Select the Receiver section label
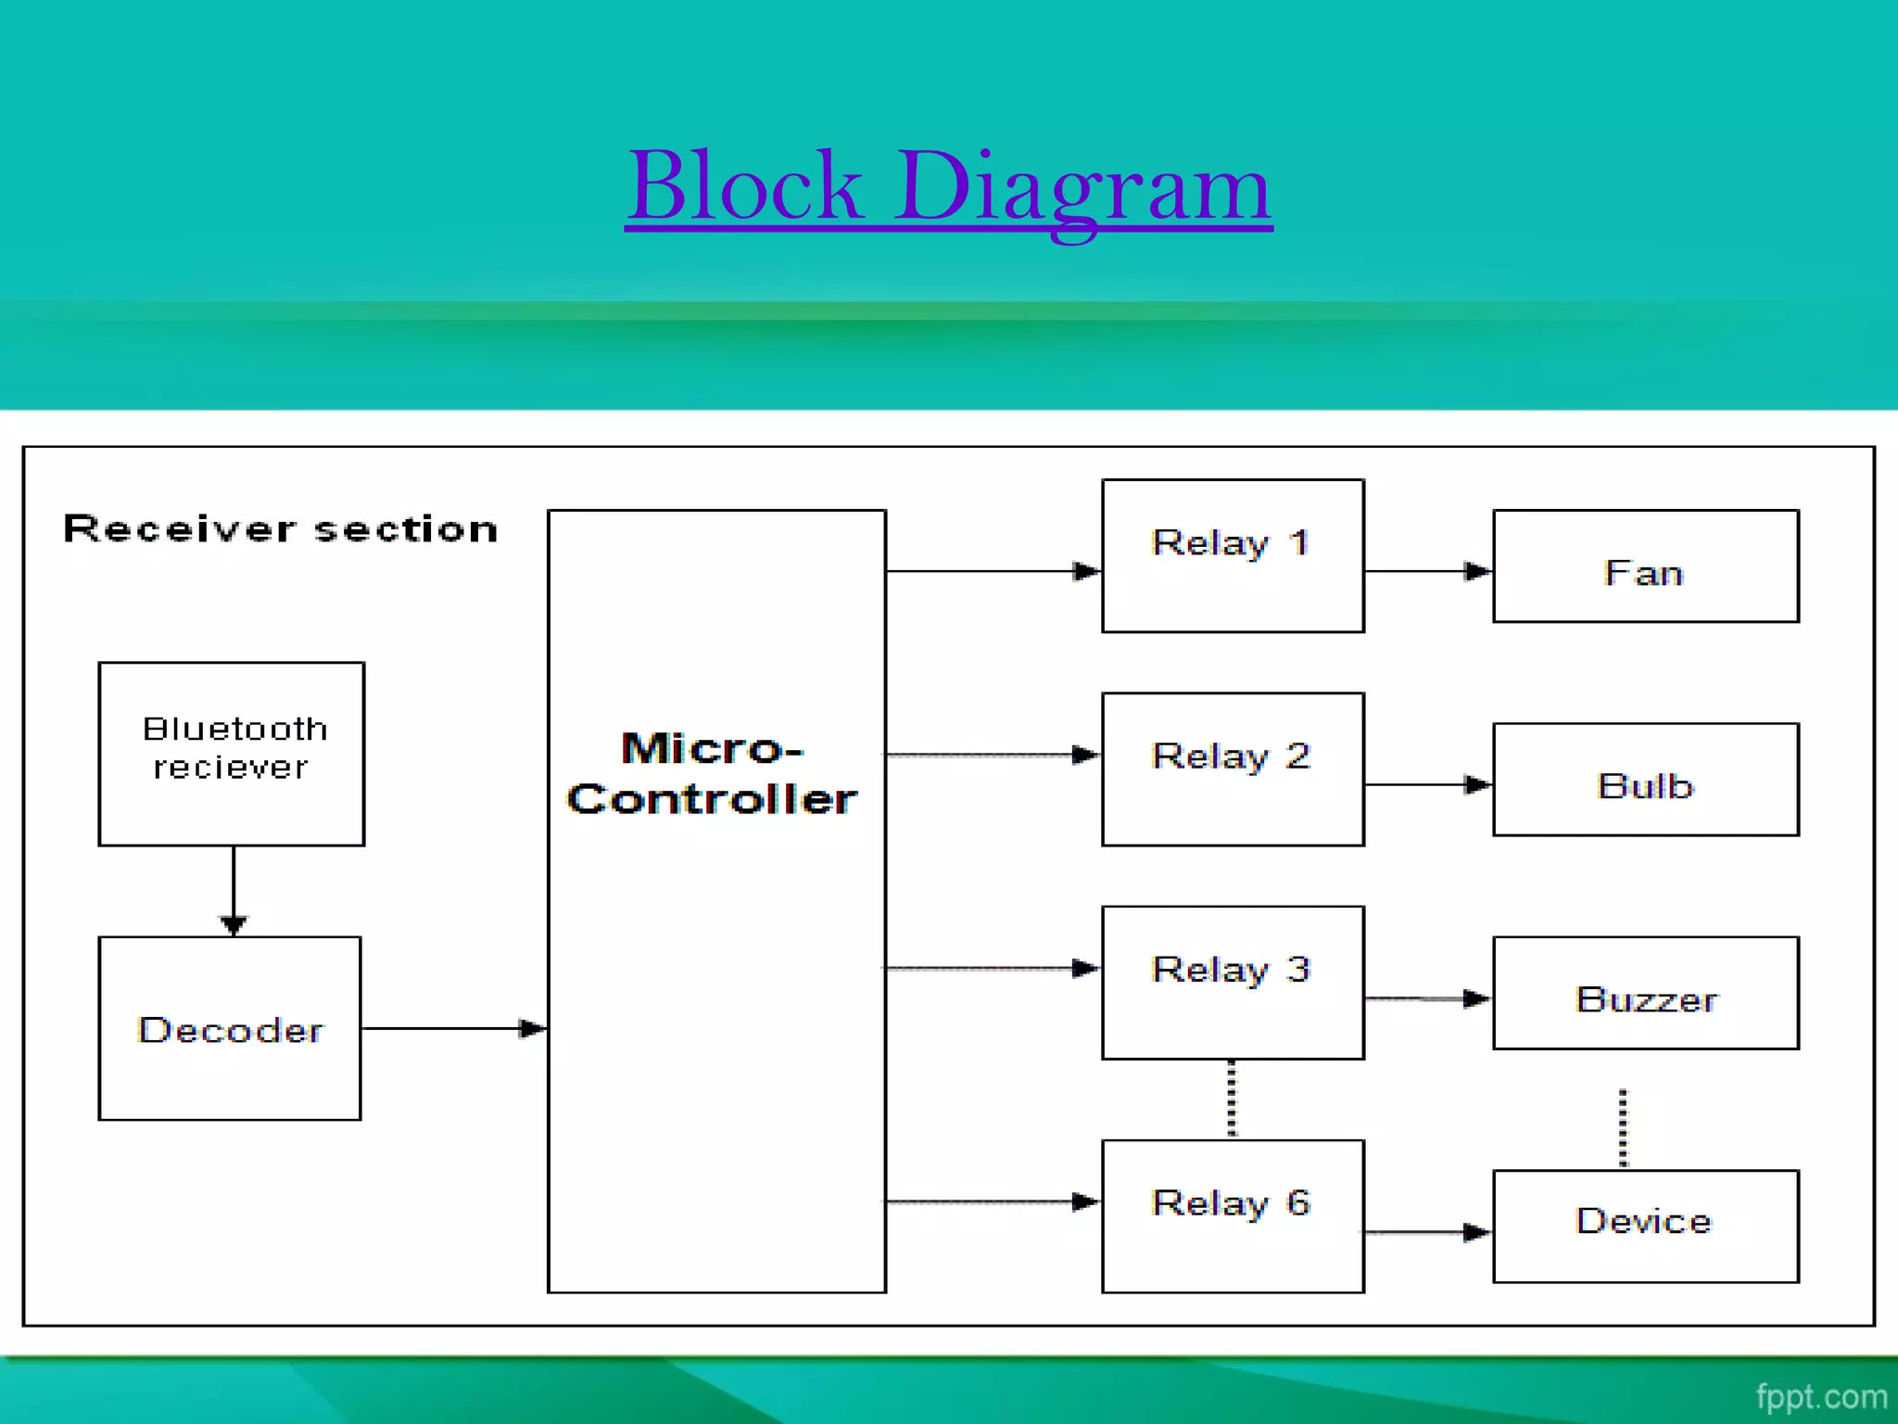click(x=280, y=529)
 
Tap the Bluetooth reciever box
click(x=232, y=753)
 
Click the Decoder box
click(x=230, y=1028)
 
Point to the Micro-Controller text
click(x=712, y=774)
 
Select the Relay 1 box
click(x=1233, y=555)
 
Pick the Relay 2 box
click(x=1233, y=769)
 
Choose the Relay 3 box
click(x=1233, y=982)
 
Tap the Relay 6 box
click(x=1233, y=1215)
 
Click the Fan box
click(x=1645, y=566)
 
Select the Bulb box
click(x=1645, y=780)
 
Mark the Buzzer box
click(x=1645, y=993)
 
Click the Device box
click(x=1645, y=1226)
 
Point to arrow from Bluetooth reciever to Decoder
click(x=234, y=890)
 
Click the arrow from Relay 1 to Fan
click(x=1427, y=571)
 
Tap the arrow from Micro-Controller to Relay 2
click(x=992, y=756)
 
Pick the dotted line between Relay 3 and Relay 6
click(x=1232, y=1100)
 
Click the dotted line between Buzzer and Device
click(x=1623, y=1127)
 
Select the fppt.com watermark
click(x=1820, y=1396)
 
